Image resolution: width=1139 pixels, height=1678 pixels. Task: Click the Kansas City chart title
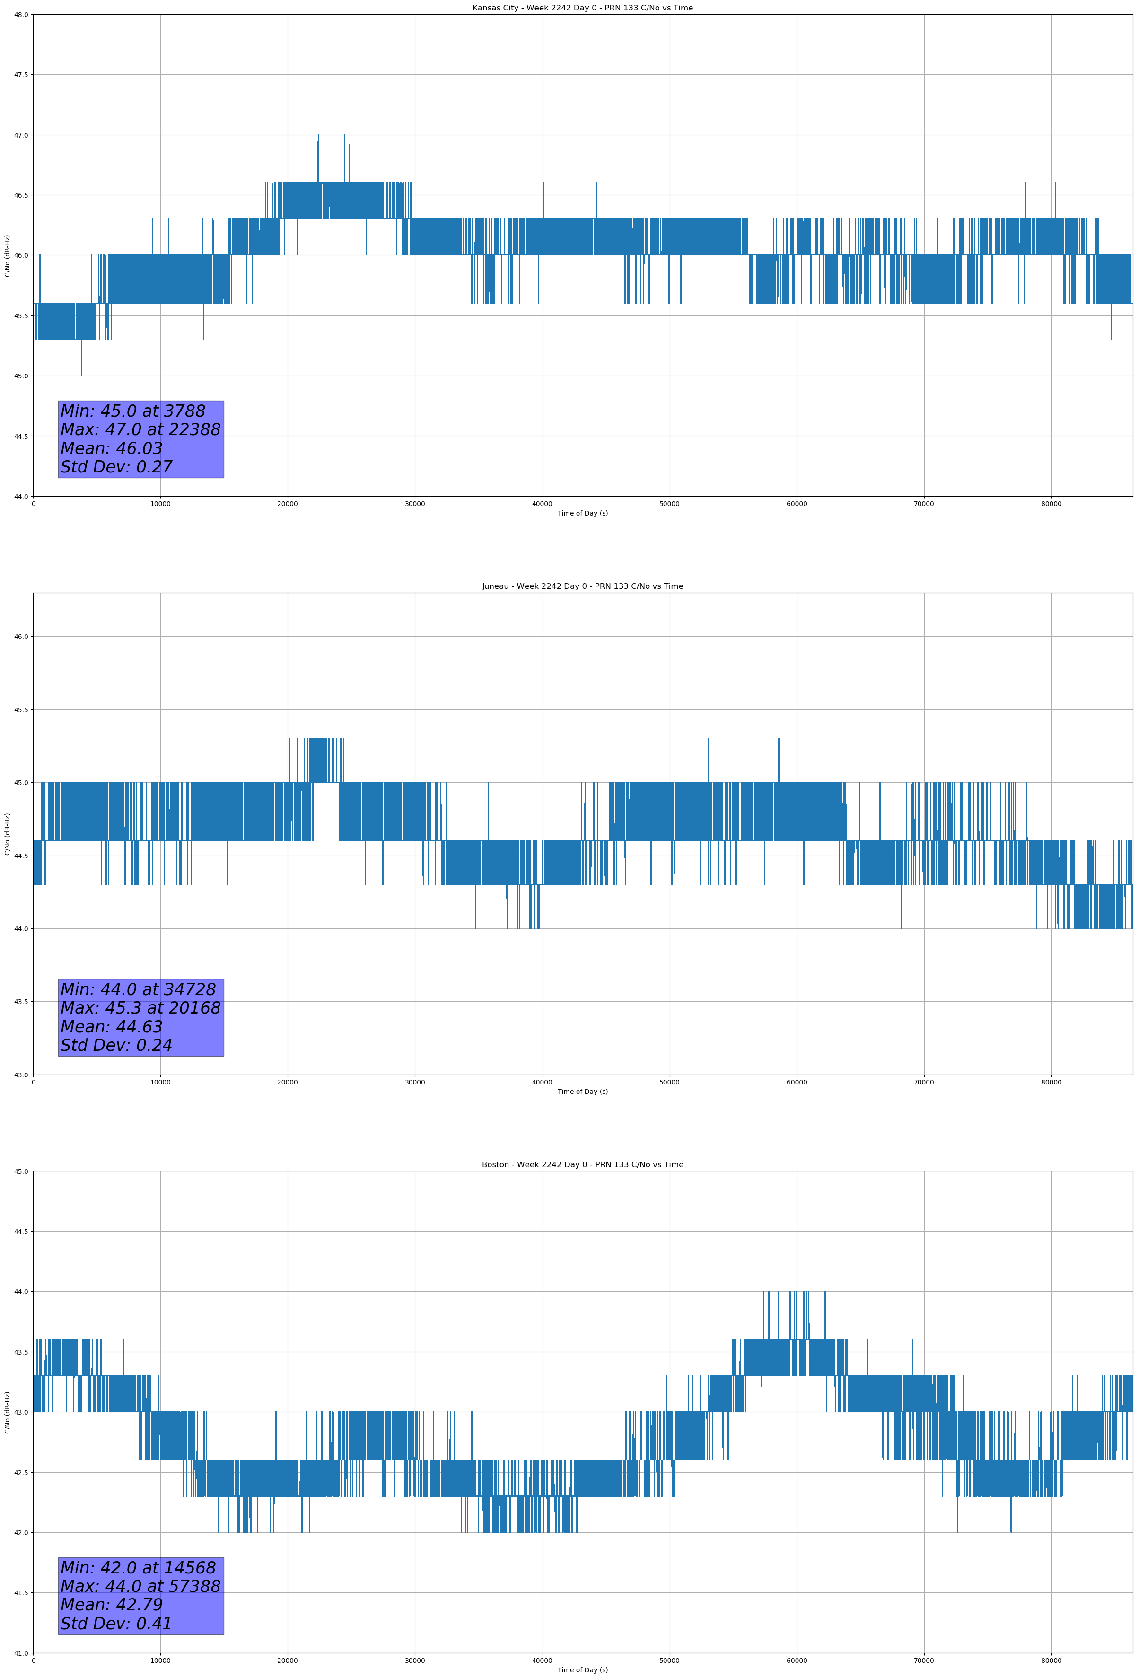[582, 8]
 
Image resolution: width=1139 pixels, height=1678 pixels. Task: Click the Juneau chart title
[582, 586]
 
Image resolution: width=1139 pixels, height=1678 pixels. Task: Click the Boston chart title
[582, 1165]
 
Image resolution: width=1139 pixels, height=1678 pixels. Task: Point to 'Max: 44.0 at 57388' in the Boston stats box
[140, 1586]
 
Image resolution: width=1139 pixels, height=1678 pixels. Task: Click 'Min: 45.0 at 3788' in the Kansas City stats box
[133, 411]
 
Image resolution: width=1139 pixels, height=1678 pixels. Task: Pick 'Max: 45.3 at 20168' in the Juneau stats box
[140, 1008]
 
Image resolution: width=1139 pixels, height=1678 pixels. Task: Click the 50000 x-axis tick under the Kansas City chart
[669, 504]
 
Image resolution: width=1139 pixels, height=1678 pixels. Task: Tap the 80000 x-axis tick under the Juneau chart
[1051, 1082]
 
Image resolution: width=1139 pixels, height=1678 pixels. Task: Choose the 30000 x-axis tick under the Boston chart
[414, 1661]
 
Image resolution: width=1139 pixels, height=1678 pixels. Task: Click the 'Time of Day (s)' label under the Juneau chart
[582, 1092]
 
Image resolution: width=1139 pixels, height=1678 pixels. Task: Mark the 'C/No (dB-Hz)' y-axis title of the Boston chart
[7, 1412]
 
